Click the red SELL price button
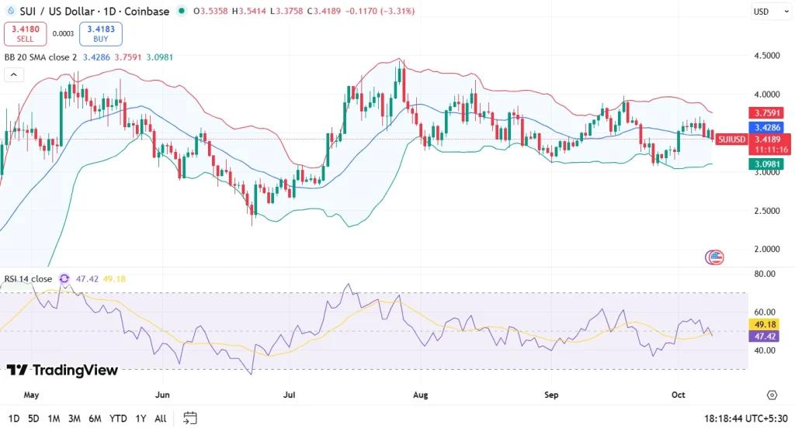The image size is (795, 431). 26,33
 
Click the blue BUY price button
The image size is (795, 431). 100,33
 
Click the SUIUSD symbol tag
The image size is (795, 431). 731,140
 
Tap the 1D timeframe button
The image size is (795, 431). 14,419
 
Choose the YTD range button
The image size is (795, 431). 118,419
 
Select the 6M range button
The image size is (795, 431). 95,419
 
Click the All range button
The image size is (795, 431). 160,419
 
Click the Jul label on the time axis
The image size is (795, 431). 290,395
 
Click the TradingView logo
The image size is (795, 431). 62,371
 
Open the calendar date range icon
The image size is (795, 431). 190,419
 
